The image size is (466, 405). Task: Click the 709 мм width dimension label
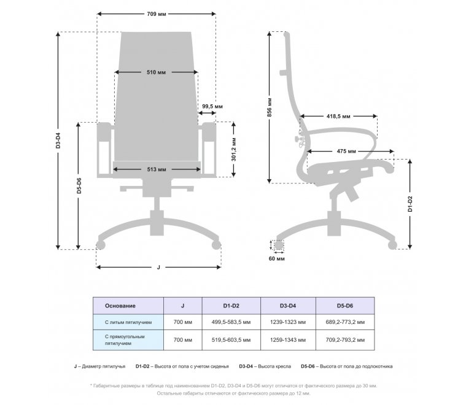(x=157, y=13)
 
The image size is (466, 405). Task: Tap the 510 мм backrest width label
(x=157, y=72)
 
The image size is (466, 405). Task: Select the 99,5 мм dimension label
(x=212, y=106)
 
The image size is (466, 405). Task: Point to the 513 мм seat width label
(x=157, y=169)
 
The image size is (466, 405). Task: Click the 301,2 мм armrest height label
(x=234, y=150)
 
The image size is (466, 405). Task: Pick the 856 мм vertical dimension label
(x=270, y=107)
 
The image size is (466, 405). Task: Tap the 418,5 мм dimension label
(x=338, y=116)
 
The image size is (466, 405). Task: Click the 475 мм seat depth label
(x=346, y=151)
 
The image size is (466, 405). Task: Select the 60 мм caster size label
(x=276, y=258)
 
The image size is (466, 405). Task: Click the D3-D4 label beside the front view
(x=58, y=141)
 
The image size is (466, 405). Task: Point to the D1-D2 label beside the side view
(x=410, y=204)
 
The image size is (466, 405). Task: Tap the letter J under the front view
(x=158, y=267)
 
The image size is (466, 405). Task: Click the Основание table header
(x=120, y=306)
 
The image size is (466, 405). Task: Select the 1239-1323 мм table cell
(x=288, y=322)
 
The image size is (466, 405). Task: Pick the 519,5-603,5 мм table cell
(x=231, y=340)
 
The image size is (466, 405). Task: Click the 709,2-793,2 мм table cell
(x=345, y=340)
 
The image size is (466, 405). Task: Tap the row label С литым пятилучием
(x=128, y=322)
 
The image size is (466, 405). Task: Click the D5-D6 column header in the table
(x=345, y=306)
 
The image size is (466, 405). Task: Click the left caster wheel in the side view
(x=279, y=245)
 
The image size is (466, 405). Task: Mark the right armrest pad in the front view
(x=209, y=132)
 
